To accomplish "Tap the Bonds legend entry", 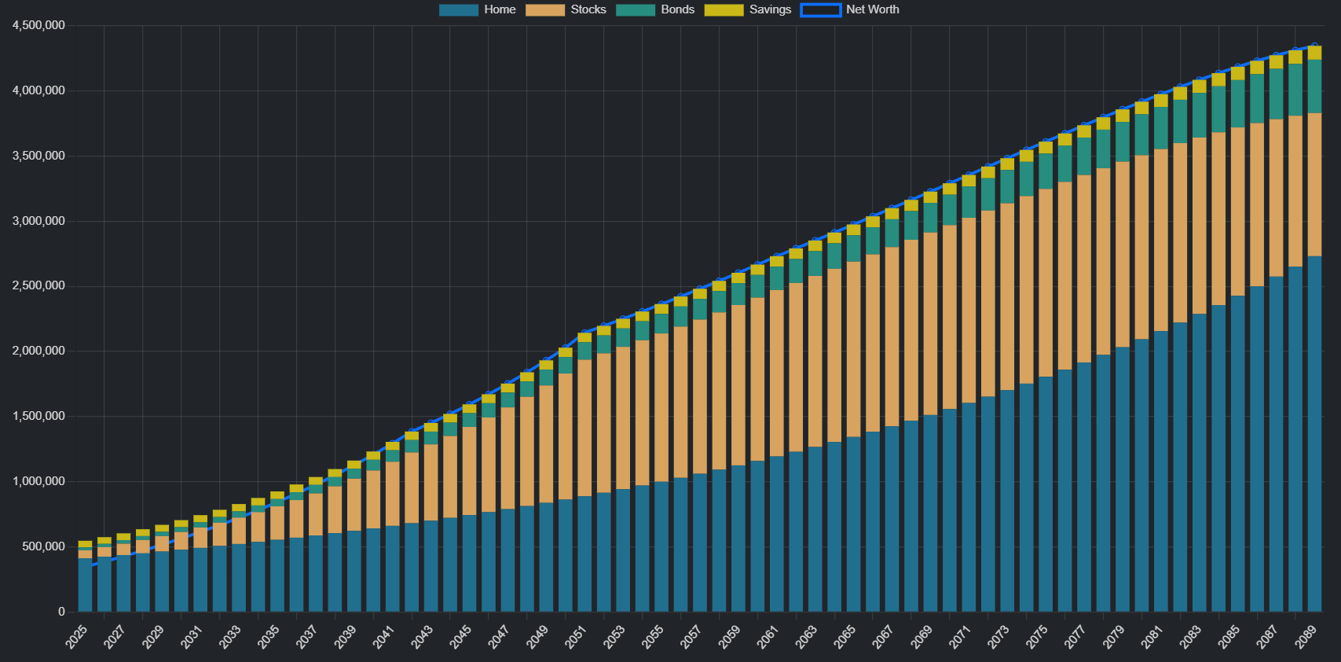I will [x=655, y=9].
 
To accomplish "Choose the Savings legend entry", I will [x=748, y=9].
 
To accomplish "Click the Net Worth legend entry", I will [x=850, y=9].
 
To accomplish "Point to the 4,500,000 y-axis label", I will [x=38, y=25].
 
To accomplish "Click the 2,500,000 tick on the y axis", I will [x=38, y=285].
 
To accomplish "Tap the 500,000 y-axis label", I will [x=44, y=546].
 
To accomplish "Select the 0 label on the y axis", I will [x=61, y=612].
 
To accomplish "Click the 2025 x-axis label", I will [x=77, y=636].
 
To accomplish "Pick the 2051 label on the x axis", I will [x=576, y=636].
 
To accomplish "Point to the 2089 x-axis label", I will [x=1306, y=636].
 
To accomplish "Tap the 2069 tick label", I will [x=921, y=636].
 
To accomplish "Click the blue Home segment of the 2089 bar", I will [x=1314, y=432].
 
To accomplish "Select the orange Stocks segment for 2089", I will [x=1314, y=185].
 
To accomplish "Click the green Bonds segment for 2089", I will [x=1314, y=86].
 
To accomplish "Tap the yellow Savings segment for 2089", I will [x=1314, y=53].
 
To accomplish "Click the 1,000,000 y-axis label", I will [x=38, y=481].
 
